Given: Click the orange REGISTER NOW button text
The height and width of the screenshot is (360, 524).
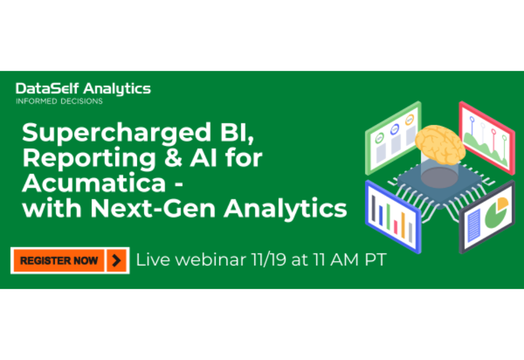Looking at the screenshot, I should point(59,260).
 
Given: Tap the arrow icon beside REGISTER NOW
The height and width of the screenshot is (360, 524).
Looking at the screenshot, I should point(116,260).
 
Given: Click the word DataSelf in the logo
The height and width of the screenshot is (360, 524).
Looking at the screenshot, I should point(45,88).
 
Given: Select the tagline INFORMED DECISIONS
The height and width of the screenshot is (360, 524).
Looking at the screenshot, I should point(59,101).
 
